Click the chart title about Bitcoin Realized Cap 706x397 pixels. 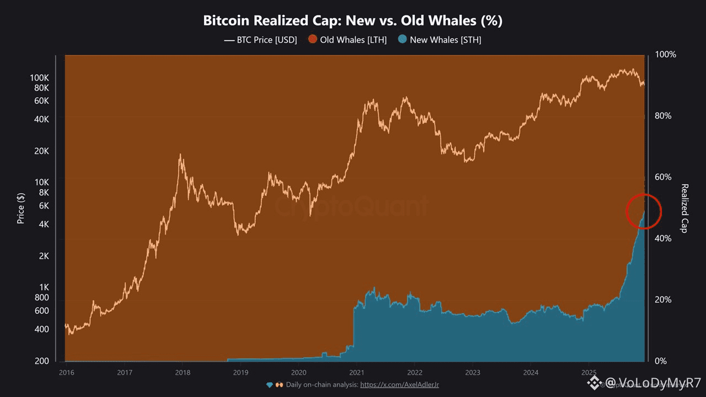pyautogui.click(x=352, y=21)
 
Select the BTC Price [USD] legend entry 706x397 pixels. pyautogui.click(x=260, y=40)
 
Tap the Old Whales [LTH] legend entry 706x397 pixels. pyautogui.click(x=347, y=40)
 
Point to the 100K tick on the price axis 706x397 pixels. pyautogui.click(x=40, y=78)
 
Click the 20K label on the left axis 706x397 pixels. pyautogui.click(x=42, y=151)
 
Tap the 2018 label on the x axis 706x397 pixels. pyautogui.click(x=183, y=372)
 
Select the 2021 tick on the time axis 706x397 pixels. pyautogui.click(x=357, y=372)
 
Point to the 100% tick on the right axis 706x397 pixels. pyautogui.click(x=665, y=55)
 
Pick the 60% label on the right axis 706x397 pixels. pyautogui.click(x=664, y=178)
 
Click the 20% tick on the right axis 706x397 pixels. pyautogui.click(x=664, y=300)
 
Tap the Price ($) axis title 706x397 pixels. pyautogui.click(x=21, y=208)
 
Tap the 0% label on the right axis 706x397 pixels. pyautogui.click(x=661, y=361)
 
